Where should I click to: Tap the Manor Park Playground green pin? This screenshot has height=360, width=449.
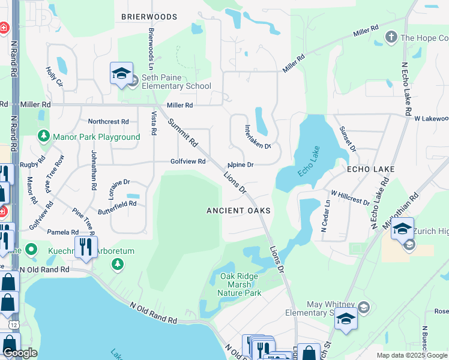pos(44,137)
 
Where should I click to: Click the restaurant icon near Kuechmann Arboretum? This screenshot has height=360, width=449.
pos(86,247)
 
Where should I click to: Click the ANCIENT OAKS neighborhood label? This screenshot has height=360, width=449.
pos(239,211)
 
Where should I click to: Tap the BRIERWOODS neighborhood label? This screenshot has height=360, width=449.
pos(149,17)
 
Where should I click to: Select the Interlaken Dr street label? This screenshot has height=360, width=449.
pos(258,137)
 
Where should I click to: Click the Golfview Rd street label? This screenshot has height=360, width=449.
pos(188,161)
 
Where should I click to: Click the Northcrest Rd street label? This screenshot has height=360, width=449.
pos(108,121)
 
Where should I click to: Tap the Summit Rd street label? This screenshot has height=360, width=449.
pos(182,133)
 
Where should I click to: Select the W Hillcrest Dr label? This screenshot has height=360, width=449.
pos(350,198)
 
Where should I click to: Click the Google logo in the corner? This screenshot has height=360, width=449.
pos(19,353)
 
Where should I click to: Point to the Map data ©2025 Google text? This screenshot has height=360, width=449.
pos(412,355)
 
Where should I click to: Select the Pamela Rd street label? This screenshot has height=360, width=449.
pos(62,232)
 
